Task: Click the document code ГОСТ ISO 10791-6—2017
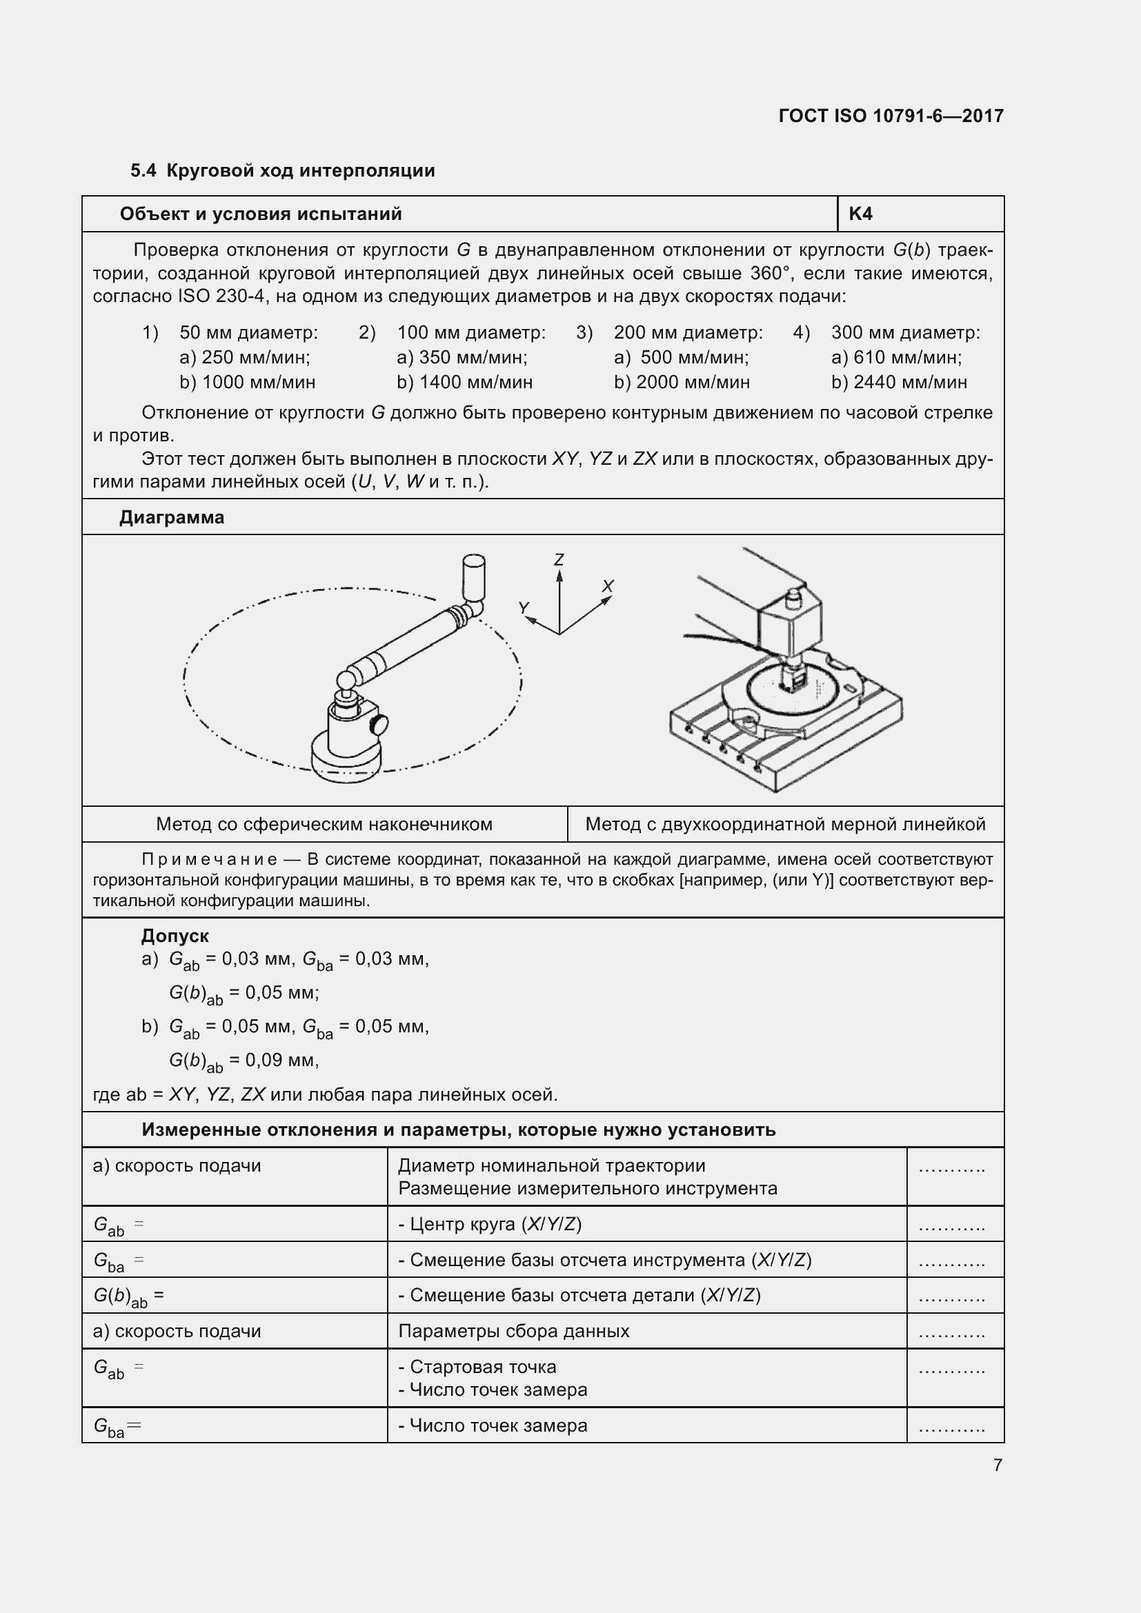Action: [x=890, y=116]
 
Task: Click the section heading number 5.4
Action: [x=143, y=171]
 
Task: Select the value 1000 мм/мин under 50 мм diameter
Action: [x=258, y=382]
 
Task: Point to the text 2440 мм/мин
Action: [x=910, y=382]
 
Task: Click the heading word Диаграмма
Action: [x=172, y=517]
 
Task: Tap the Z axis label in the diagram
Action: [x=559, y=560]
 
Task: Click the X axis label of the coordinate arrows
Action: [x=608, y=586]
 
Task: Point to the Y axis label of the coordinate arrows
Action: [x=524, y=608]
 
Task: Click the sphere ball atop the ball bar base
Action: [x=346, y=681]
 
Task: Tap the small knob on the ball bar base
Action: [x=380, y=723]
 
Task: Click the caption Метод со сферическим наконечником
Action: [x=324, y=824]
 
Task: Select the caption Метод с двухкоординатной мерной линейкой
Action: [x=785, y=824]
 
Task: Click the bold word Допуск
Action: [x=175, y=936]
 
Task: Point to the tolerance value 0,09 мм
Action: [x=281, y=1059]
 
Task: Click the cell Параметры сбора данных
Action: [x=514, y=1330]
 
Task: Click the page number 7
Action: [x=997, y=1465]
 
